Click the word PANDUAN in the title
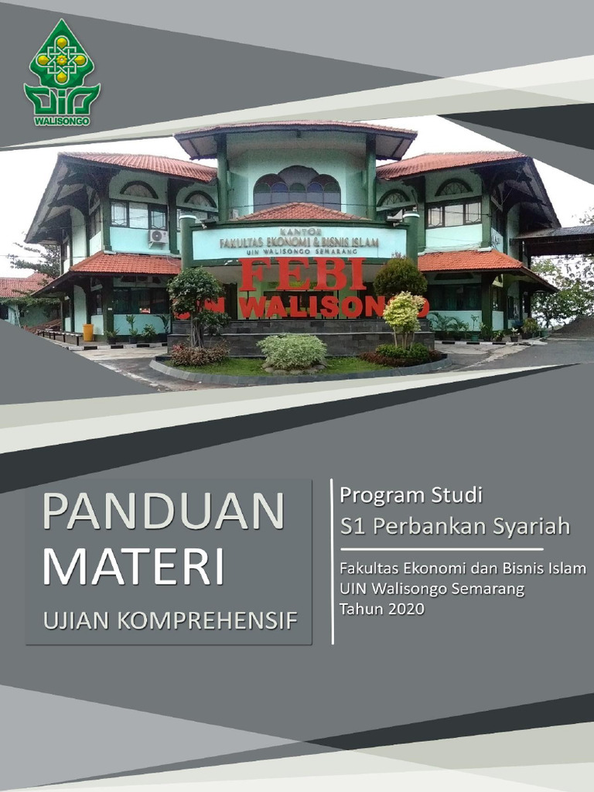pyautogui.click(x=163, y=511)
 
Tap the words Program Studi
pyautogui.click(x=411, y=493)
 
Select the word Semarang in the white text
pyautogui.click(x=486, y=589)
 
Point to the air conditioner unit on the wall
pyautogui.click(x=159, y=237)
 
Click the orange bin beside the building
pyautogui.click(x=88, y=332)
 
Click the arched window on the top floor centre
pyautogui.click(x=297, y=189)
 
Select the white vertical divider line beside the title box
pyautogui.click(x=333, y=562)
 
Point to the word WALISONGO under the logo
pyautogui.click(x=62, y=121)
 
